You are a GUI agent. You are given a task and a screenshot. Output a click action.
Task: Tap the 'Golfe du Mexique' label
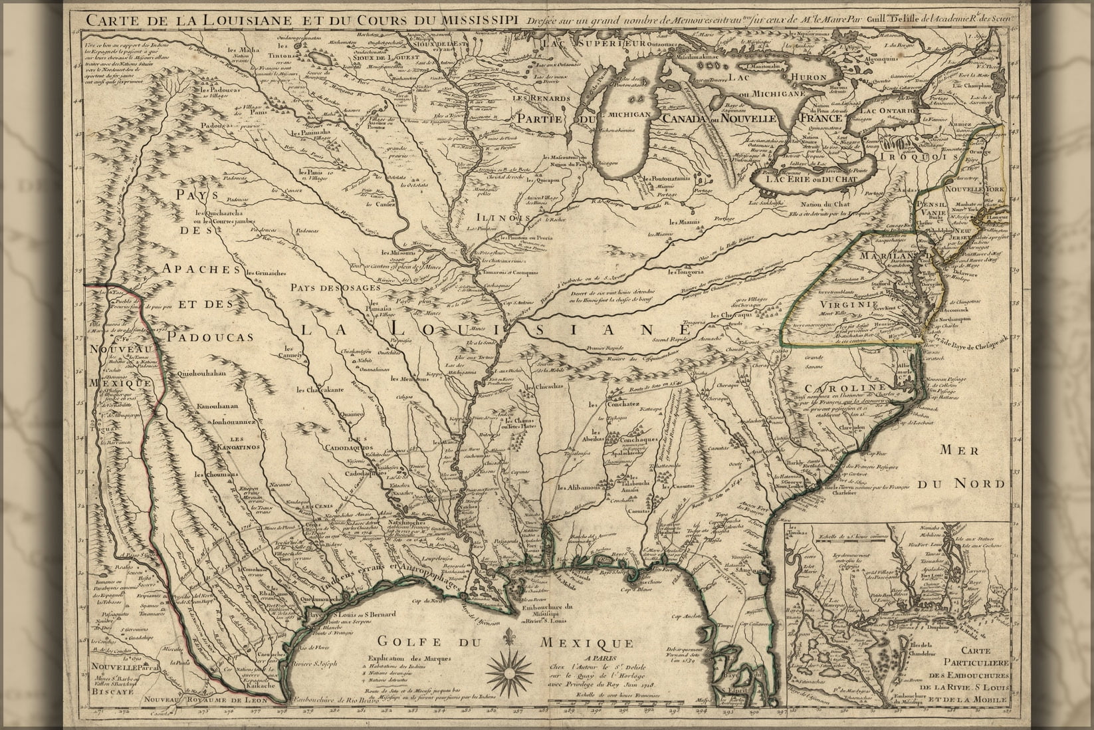pyautogui.click(x=504, y=643)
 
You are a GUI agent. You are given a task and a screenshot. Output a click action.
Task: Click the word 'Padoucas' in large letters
pyautogui.click(x=210, y=337)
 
